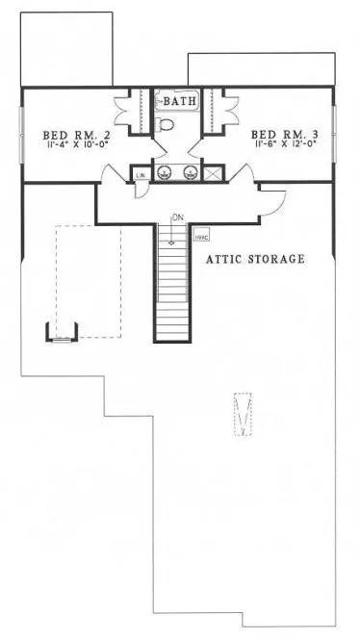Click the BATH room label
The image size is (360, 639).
click(180, 101)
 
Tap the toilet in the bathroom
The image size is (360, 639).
click(166, 124)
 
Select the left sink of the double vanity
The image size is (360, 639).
click(167, 173)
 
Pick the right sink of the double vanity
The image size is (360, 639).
click(191, 173)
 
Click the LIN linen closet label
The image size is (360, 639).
click(141, 174)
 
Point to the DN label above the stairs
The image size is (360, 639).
click(176, 217)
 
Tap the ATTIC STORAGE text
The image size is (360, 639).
click(255, 260)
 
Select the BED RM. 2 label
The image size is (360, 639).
click(68, 134)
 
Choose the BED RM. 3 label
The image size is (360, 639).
click(284, 134)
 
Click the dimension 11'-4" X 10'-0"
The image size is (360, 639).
click(69, 146)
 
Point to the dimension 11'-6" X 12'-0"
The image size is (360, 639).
click(285, 146)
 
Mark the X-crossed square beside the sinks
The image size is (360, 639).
click(213, 173)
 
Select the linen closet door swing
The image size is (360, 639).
click(141, 189)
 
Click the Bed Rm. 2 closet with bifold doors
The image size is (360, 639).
click(133, 108)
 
